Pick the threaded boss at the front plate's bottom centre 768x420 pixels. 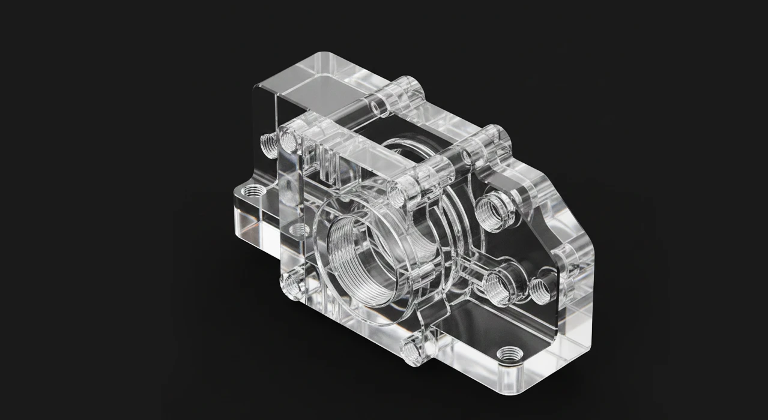tap(414, 350)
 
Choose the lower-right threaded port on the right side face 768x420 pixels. tap(543, 283)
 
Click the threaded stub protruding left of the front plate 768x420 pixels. tap(267, 143)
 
